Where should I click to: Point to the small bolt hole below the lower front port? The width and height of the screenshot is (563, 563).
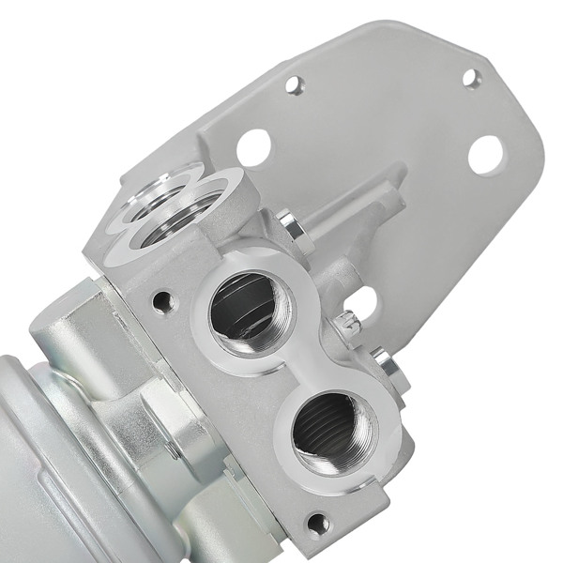tap(318, 522)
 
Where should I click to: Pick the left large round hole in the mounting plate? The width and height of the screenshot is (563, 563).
tap(253, 146)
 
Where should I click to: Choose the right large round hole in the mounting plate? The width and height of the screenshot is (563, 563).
tap(485, 154)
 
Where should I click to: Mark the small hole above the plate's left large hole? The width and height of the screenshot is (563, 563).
tap(296, 86)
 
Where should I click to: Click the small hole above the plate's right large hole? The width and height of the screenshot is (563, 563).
tap(471, 78)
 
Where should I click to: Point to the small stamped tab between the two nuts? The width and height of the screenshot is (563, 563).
tap(348, 322)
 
